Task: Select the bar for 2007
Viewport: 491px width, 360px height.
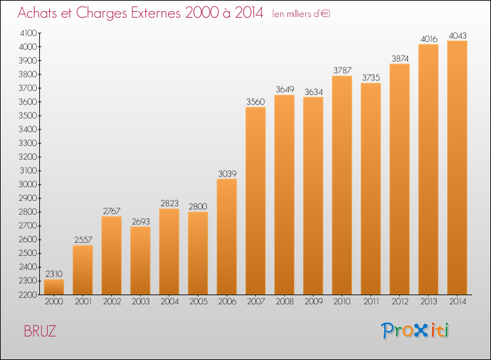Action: coord(255,200)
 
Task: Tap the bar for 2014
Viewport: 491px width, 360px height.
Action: coord(457,168)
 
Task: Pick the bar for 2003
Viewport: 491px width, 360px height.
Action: coord(140,261)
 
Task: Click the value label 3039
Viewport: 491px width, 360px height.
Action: coord(227,173)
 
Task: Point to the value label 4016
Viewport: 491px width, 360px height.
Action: coord(428,39)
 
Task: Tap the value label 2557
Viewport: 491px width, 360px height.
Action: coord(82,240)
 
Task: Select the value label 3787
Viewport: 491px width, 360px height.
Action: coord(342,70)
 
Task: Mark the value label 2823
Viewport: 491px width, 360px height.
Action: coord(169,203)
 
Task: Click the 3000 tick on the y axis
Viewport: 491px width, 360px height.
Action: coord(28,185)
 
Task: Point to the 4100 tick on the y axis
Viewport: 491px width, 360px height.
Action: coord(28,33)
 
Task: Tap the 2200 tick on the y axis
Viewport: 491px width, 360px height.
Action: coord(28,295)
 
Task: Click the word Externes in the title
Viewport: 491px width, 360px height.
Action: coord(149,13)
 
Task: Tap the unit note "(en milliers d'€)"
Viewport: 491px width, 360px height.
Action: coord(301,14)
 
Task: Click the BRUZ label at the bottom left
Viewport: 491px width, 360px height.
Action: coord(40,331)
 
